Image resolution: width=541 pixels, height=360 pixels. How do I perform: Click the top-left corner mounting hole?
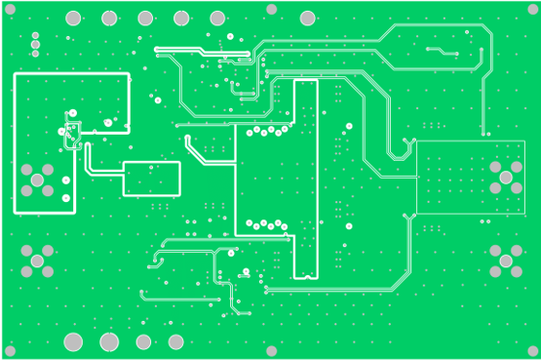(10, 9)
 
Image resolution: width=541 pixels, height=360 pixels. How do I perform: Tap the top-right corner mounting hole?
(532, 9)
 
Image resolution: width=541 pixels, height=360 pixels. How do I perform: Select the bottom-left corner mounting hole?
(10, 351)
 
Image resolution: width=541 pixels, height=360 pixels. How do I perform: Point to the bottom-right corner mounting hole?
(532, 351)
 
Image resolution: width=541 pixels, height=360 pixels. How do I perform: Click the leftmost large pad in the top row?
(73, 18)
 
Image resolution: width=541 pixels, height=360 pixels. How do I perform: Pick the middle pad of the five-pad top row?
(145, 18)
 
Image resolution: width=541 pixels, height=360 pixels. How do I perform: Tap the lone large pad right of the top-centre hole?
(307, 18)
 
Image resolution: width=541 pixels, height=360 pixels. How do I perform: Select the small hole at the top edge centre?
(271, 9)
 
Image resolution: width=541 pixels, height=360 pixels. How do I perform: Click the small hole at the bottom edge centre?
(271, 351)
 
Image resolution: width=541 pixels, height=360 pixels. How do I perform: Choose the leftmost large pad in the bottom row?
(73, 341)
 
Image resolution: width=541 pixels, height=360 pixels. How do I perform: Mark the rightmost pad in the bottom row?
(175, 341)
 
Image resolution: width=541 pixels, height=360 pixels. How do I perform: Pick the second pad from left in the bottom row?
(109, 341)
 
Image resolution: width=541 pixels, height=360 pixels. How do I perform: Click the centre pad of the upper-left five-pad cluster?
(37, 180)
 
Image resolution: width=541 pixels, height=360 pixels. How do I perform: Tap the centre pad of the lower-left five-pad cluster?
(37, 260)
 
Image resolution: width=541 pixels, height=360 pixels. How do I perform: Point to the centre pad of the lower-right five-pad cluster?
(506, 260)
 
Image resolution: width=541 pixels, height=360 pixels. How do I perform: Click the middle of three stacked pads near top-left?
(35, 44)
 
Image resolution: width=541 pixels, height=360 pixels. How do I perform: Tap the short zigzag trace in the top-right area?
(442, 51)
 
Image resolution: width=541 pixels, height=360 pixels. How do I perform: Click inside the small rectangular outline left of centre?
(151, 179)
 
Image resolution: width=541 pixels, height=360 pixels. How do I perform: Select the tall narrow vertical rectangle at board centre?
(305, 179)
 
